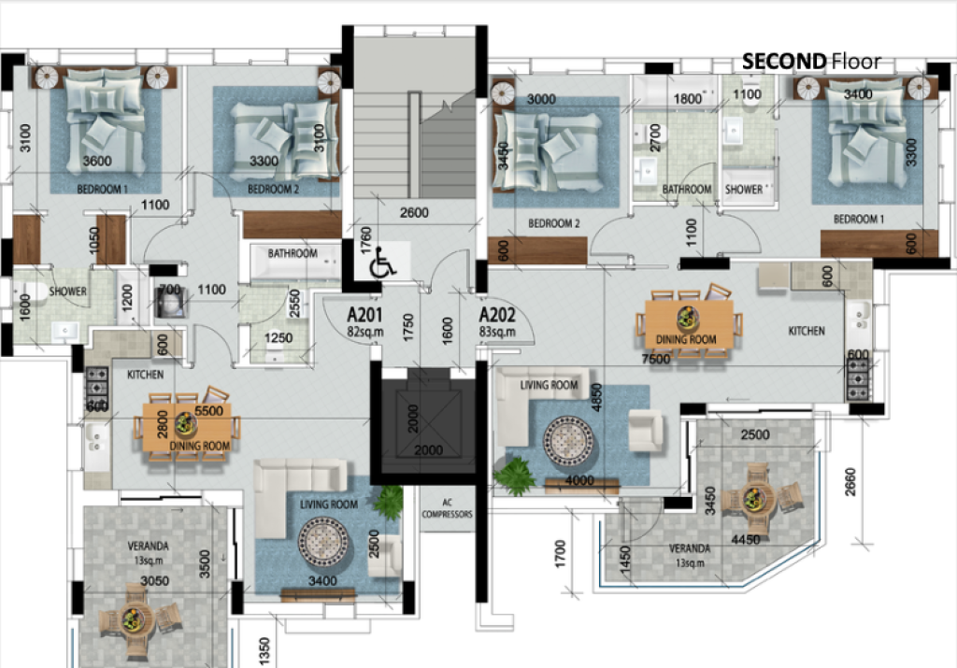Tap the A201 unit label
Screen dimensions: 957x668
(x=364, y=315)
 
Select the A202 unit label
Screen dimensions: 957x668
(x=497, y=315)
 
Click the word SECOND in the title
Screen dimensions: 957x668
(x=784, y=61)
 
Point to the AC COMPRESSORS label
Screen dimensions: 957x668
(x=448, y=508)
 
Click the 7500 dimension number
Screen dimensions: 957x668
(x=655, y=359)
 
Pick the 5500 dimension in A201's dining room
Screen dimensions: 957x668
(x=208, y=410)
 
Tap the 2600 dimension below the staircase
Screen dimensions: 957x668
(x=414, y=212)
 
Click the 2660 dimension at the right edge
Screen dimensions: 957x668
(x=850, y=482)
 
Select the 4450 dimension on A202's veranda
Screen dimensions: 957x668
(x=745, y=539)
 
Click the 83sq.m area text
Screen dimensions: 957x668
(x=497, y=332)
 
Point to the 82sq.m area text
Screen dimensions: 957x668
(x=365, y=332)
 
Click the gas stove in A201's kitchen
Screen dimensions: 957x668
(x=96, y=388)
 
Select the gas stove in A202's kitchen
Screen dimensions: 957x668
(x=858, y=378)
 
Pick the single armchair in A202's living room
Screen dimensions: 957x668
(x=645, y=430)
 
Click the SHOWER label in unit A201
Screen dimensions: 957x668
(x=67, y=291)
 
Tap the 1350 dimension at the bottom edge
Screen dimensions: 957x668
(x=264, y=651)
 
